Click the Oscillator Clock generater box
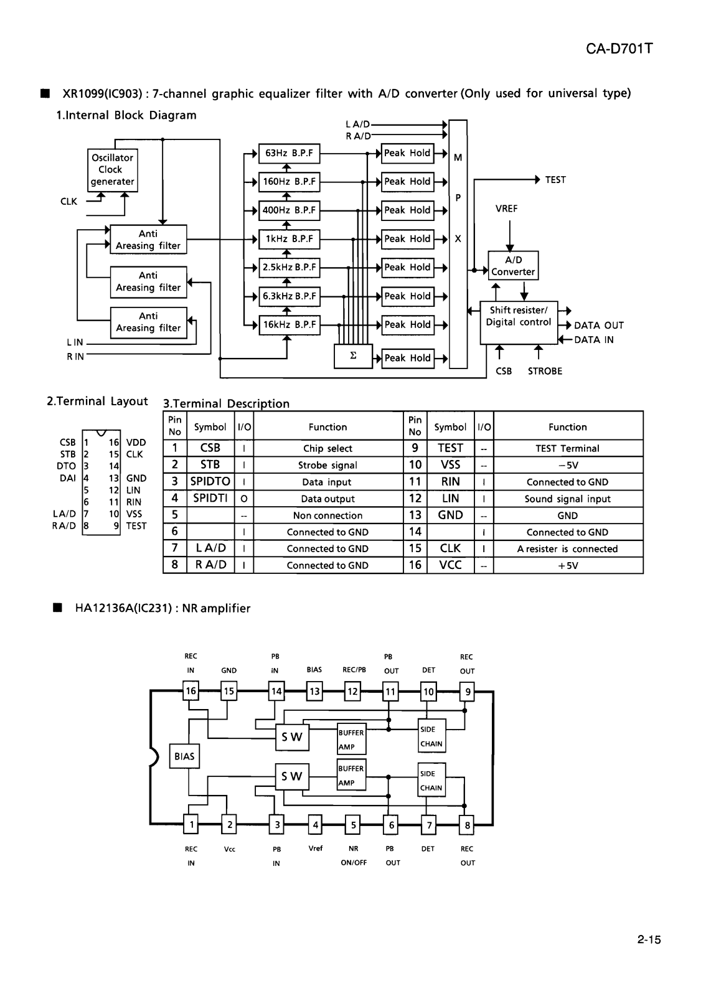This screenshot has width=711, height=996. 113,170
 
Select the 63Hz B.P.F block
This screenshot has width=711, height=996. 289,153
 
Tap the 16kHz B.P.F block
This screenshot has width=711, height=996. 289,325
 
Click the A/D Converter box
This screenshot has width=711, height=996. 513,266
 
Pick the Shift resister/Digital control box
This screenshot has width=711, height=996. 519,323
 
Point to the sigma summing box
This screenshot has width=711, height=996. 353,356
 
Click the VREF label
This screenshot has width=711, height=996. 506,209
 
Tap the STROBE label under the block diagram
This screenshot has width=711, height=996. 545,371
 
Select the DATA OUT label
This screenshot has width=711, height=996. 599,326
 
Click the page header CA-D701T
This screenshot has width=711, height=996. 619,49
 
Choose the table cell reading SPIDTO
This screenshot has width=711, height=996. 210,482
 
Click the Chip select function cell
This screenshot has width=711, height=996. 327,448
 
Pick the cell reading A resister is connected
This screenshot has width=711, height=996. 568,548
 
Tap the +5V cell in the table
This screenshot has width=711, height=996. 568,566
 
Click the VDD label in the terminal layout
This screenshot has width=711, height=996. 136,443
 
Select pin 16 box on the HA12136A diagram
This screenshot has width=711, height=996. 191,691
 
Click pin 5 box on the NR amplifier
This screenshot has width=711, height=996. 353,825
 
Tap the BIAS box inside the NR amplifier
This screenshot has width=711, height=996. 184,756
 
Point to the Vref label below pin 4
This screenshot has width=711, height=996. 315,848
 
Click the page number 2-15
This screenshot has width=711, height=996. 649,939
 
